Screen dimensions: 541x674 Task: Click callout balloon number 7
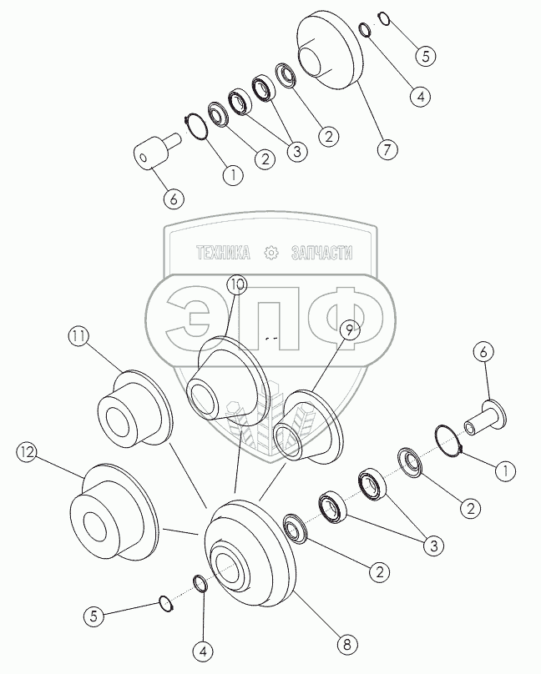tap(386, 150)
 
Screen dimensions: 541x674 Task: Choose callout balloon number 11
tap(78, 338)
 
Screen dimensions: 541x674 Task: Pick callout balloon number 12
tap(28, 453)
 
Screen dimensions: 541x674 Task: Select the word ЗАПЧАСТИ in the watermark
tap(320, 252)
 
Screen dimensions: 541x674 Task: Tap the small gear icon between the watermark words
tap(270, 252)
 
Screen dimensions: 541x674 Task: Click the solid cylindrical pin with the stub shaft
tap(154, 157)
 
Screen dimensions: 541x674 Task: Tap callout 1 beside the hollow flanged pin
tap(502, 470)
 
